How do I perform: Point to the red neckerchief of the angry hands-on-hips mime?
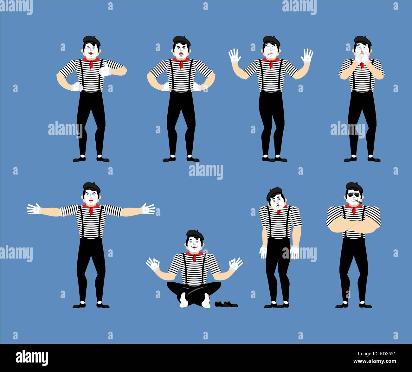(181, 62)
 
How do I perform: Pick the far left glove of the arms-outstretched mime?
(34, 209)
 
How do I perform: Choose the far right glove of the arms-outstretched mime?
(148, 209)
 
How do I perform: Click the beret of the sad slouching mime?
(274, 192)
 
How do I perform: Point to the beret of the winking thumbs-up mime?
(92, 40)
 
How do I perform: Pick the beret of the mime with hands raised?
(272, 40)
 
